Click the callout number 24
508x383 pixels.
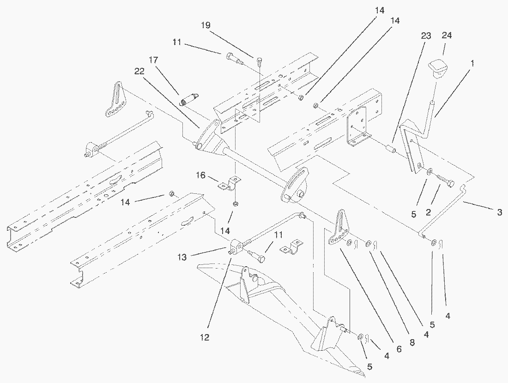pyautogui.click(x=447, y=36)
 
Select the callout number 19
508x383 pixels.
pyautogui.click(x=206, y=25)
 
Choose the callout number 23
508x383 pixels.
pyautogui.click(x=426, y=36)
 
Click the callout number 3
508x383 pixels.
pyautogui.click(x=500, y=212)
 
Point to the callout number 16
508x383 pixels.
pyautogui.click(x=200, y=175)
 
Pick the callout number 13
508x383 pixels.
pyautogui.click(x=182, y=257)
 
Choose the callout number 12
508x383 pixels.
pyautogui.click(x=205, y=338)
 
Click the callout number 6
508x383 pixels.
pyautogui.click(x=399, y=349)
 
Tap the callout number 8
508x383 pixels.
pyautogui.click(x=412, y=343)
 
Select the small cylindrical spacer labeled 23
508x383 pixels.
pyautogui.click(x=391, y=150)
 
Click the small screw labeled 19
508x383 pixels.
pyautogui.click(x=259, y=60)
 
